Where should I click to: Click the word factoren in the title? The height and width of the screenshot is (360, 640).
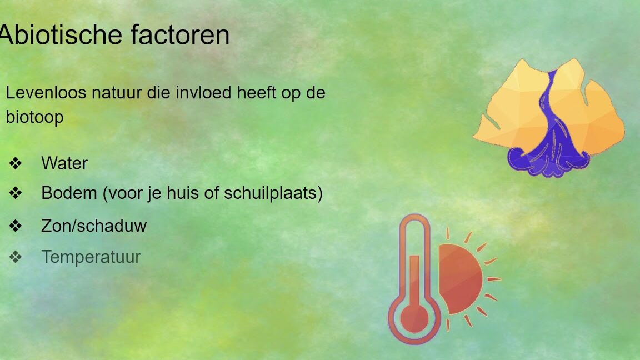point(180,34)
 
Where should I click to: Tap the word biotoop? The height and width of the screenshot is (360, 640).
point(34,118)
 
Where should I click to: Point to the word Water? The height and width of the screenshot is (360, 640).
point(64,163)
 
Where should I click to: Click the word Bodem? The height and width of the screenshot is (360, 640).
point(69,193)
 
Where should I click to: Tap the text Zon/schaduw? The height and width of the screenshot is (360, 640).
point(94,226)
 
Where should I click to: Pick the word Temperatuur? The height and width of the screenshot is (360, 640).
point(91,257)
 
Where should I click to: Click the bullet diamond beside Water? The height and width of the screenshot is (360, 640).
point(16,163)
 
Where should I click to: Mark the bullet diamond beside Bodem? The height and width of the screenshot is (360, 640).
point(16,193)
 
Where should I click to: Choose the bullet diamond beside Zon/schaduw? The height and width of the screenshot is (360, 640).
point(16,226)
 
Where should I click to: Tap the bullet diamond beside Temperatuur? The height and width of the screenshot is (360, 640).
point(16,257)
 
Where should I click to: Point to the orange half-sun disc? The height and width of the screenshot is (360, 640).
point(460,279)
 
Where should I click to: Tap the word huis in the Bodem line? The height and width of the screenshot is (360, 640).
point(183,193)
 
